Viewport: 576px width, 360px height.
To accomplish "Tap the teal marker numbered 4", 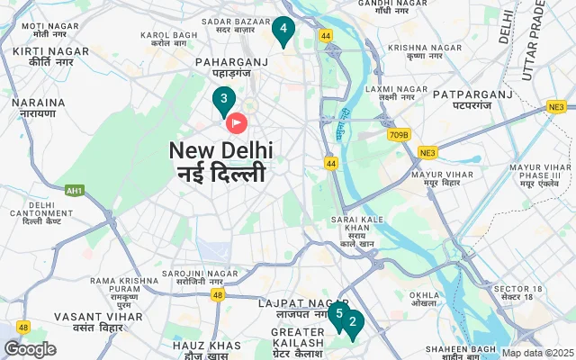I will click(x=283, y=30).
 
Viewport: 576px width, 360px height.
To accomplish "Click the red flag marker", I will click(x=237, y=121).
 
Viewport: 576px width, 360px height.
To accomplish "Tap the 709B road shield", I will click(x=399, y=135).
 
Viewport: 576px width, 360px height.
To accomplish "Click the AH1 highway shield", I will click(x=75, y=190).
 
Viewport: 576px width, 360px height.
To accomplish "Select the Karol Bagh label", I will click(x=168, y=39).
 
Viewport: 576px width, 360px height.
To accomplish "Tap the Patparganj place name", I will click(x=464, y=99).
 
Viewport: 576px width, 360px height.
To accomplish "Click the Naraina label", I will click(x=39, y=109).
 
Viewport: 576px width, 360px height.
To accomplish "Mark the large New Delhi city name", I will click(x=220, y=161).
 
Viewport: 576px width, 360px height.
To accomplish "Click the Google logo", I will click(x=30, y=349).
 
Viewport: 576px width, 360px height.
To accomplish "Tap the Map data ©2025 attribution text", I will click(x=537, y=353).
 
